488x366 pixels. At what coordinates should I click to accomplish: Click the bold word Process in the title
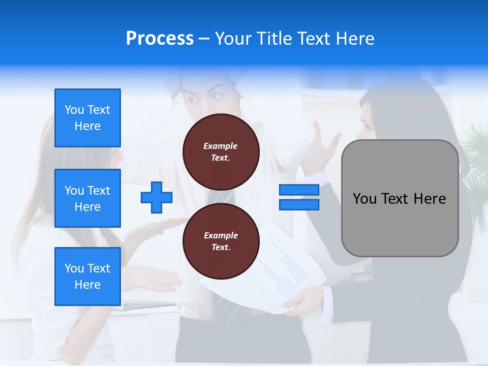[160, 38]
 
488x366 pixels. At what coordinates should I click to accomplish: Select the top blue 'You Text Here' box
[87, 118]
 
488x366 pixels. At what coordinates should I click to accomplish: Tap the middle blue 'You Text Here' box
[87, 198]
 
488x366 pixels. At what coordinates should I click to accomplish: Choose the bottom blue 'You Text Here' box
[87, 276]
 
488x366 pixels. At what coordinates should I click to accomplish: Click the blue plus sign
[157, 197]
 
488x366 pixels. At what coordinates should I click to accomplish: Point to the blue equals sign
[299, 197]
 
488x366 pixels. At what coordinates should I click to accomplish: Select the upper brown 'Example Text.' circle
[221, 151]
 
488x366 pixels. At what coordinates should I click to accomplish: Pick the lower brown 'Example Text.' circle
[221, 241]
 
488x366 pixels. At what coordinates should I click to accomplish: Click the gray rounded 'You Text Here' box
[400, 198]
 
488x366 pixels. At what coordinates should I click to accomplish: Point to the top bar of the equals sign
[299, 190]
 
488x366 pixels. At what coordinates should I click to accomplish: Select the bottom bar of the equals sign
[299, 204]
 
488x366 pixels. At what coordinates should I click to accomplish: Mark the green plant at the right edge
[475, 168]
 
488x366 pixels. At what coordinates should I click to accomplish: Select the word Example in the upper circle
[221, 146]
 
